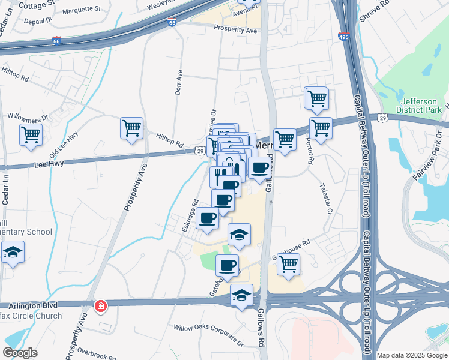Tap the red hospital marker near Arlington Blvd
pyautogui.click(x=100, y=307)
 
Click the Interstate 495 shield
pyautogui.click(x=344, y=36)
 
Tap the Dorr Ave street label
pyautogui.click(x=178, y=82)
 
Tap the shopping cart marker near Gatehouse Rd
pyautogui.click(x=289, y=264)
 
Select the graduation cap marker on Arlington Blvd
pyautogui.click(x=242, y=296)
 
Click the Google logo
pyautogui.click(x=20, y=353)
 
